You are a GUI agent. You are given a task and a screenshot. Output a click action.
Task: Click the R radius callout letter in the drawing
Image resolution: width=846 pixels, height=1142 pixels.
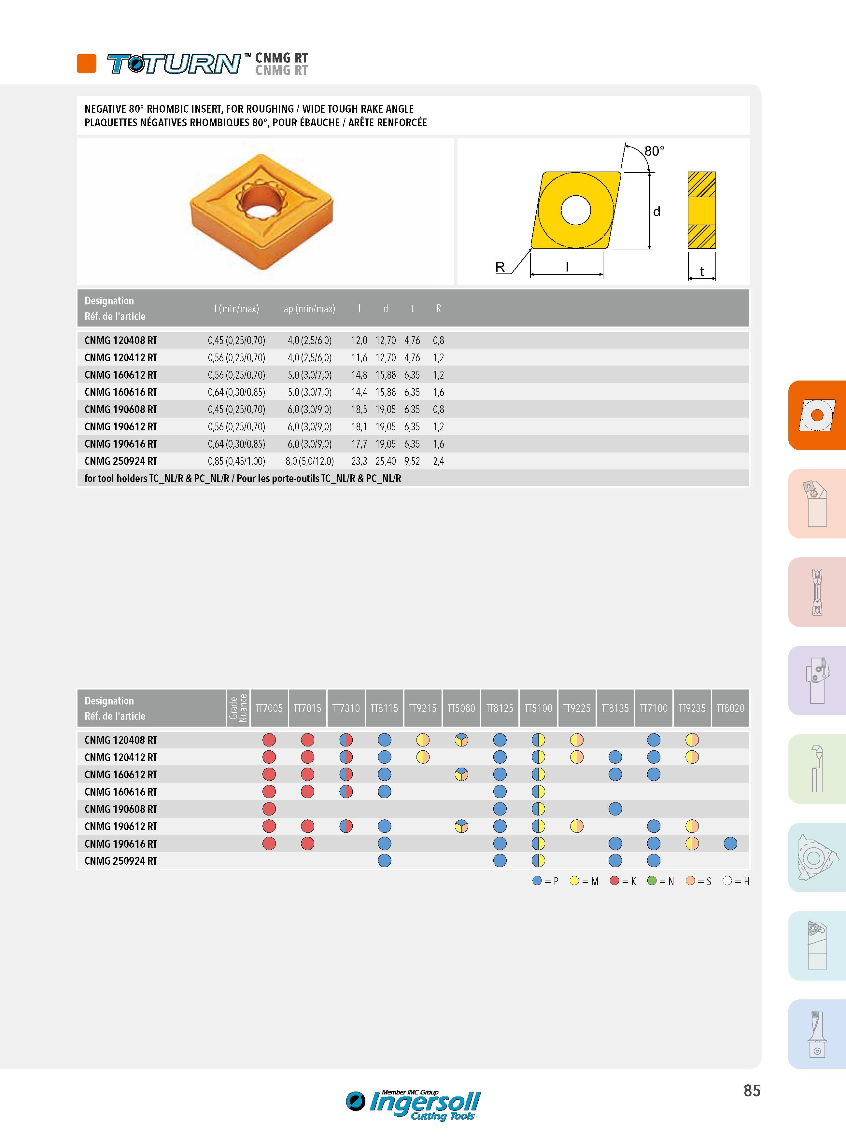pyautogui.click(x=500, y=267)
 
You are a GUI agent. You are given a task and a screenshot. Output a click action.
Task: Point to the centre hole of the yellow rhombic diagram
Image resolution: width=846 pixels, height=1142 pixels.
pyautogui.click(x=576, y=210)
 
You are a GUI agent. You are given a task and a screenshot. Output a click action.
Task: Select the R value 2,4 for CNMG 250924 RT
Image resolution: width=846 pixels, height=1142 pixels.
pyautogui.click(x=438, y=461)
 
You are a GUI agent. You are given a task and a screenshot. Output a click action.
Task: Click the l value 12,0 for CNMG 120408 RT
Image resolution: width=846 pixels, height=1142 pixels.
pyautogui.click(x=359, y=341)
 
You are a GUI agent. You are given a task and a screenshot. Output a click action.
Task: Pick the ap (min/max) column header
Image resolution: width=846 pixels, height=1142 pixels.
pyautogui.click(x=309, y=309)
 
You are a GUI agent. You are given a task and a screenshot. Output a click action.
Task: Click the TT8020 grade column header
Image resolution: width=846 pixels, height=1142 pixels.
pyautogui.click(x=730, y=708)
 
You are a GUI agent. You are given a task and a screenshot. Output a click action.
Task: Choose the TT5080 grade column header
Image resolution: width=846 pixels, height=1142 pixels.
pyautogui.click(x=461, y=708)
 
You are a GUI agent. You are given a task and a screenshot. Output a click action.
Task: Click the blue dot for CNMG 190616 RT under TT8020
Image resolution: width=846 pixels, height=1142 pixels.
pyautogui.click(x=731, y=843)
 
